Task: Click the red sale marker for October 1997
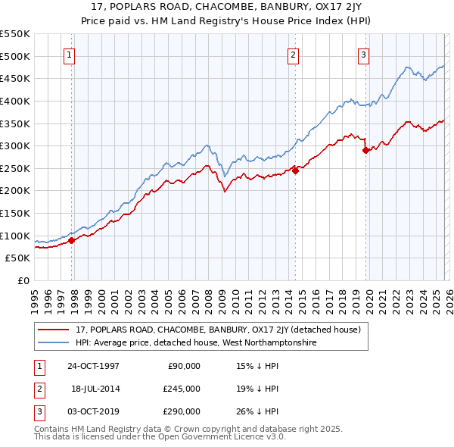(72, 240)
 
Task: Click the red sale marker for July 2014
(295, 170)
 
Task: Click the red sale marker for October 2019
(365, 150)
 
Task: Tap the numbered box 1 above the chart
(69, 54)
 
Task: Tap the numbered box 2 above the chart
(292, 54)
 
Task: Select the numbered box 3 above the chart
(363, 54)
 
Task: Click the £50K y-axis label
(18, 258)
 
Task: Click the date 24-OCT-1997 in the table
(93, 366)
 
